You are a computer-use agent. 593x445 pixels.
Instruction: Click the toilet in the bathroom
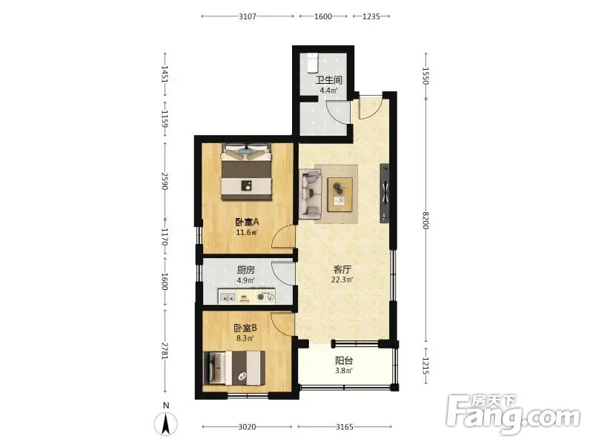[x=312, y=63]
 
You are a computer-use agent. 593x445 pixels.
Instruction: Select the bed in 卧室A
[x=247, y=171]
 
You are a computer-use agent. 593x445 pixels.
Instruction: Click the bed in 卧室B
[x=232, y=368]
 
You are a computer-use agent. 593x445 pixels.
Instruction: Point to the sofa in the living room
[x=310, y=194]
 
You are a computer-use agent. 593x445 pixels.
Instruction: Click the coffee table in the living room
[x=340, y=194]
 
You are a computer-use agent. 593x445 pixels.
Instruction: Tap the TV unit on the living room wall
[x=385, y=193]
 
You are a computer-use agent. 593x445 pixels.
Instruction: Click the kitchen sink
[x=228, y=297]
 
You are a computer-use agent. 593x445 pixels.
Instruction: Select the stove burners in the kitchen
[x=265, y=297]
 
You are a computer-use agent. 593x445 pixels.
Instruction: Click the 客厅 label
[x=342, y=269]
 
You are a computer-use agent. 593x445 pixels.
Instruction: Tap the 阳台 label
[x=344, y=360]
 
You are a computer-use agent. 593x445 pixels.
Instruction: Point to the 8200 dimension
[x=425, y=220]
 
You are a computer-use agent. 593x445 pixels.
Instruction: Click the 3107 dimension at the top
[x=248, y=16]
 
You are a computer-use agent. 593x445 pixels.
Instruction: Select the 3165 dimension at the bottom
[x=345, y=427]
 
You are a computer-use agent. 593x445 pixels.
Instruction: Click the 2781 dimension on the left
[x=165, y=351]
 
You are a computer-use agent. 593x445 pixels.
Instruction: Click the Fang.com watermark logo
[x=513, y=415]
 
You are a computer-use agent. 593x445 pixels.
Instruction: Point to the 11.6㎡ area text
[x=247, y=232]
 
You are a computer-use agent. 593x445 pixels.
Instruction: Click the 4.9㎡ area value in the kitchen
[x=245, y=280]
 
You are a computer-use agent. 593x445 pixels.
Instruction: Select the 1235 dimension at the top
[x=371, y=16]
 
